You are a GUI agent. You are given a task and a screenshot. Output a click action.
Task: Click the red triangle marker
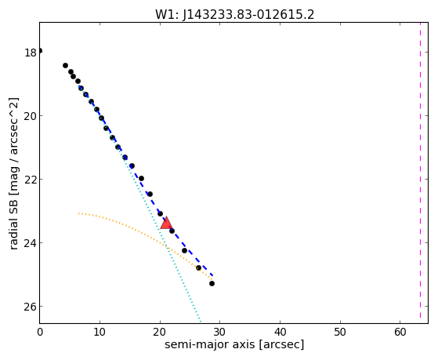point(166,223)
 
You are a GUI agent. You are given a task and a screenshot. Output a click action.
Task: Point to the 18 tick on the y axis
point(31,53)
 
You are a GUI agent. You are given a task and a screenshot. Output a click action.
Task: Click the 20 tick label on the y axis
point(31,116)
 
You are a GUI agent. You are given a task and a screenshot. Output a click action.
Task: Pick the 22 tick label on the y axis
point(31,180)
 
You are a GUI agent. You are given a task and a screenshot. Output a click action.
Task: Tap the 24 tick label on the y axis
point(31,243)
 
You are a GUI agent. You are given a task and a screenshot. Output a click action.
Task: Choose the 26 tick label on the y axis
point(31,307)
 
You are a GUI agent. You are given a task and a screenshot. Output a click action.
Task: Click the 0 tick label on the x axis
point(40,332)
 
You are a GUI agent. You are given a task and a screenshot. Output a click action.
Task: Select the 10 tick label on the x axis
point(100,332)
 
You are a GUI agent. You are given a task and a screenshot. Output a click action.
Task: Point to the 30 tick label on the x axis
point(220,332)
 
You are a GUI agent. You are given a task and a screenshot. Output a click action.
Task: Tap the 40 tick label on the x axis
point(280,332)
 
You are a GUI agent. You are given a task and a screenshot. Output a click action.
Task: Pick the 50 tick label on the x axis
point(340,332)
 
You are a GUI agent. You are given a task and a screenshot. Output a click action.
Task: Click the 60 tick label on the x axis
point(400,332)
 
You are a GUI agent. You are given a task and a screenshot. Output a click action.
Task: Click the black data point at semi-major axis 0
point(40,51)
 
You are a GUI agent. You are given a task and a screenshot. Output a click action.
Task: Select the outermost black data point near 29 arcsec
point(212,283)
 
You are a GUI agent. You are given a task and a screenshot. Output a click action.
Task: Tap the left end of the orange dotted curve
point(79,213)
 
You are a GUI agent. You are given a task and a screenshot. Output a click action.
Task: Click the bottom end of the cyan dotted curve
point(200,321)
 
